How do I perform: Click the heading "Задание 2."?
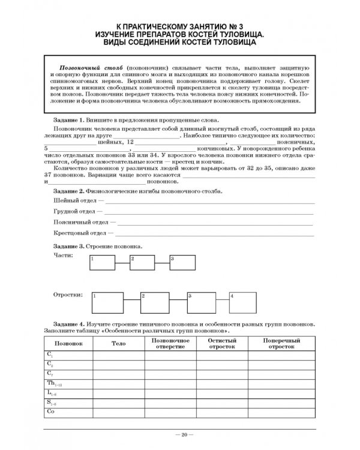[66, 191]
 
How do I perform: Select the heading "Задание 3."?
[66, 247]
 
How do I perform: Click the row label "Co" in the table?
[51, 412]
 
